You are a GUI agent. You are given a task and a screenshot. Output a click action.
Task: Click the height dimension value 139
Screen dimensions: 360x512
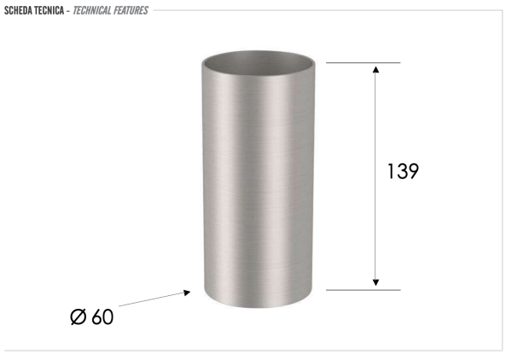403,171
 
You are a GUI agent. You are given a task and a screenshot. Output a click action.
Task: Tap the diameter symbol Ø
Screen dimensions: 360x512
79,317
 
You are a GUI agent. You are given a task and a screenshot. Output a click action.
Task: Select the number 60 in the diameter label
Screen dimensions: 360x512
102,317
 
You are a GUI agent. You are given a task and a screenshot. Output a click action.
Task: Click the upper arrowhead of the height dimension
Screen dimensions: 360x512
375,68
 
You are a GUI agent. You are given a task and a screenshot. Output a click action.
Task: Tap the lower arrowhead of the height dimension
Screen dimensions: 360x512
375,284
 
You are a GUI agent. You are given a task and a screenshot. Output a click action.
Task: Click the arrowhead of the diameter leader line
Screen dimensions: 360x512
186,293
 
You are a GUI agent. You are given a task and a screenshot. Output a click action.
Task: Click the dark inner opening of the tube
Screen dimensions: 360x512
261,61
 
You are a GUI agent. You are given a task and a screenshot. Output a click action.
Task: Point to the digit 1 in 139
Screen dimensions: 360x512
391,171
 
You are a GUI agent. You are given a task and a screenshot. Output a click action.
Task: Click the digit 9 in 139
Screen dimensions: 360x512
413,171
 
